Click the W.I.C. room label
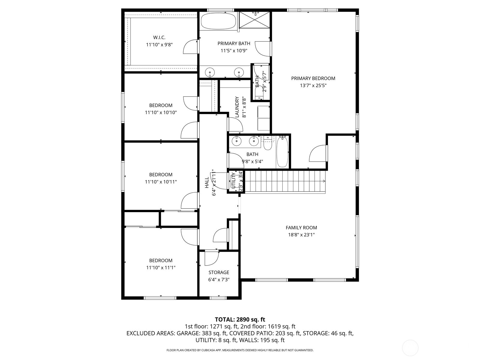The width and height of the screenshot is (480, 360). pyautogui.click(x=159, y=37)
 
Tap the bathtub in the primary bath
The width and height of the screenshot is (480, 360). pyautogui.click(x=219, y=21)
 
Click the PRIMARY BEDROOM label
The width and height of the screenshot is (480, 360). pyautogui.click(x=313, y=78)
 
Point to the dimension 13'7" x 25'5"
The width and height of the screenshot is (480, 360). pyautogui.click(x=313, y=85)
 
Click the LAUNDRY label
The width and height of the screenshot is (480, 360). pyautogui.click(x=237, y=107)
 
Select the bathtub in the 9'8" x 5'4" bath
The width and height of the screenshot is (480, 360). pyautogui.click(x=282, y=151)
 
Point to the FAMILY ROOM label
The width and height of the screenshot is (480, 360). pyautogui.click(x=301, y=228)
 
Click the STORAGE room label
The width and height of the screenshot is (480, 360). pyautogui.click(x=219, y=272)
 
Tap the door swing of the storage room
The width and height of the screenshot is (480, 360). pyautogui.click(x=211, y=259)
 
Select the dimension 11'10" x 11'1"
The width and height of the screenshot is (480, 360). pyautogui.click(x=160, y=268)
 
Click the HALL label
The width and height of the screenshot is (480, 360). pyautogui.click(x=207, y=183)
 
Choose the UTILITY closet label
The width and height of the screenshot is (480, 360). pyautogui.click(x=233, y=181)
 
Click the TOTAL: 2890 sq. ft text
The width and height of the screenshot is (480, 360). pyautogui.click(x=240, y=319)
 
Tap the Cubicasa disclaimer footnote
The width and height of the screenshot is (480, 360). pyautogui.click(x=240, y=350)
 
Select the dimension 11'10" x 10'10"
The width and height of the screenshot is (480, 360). pyautogui.click(x=160, y=112)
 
